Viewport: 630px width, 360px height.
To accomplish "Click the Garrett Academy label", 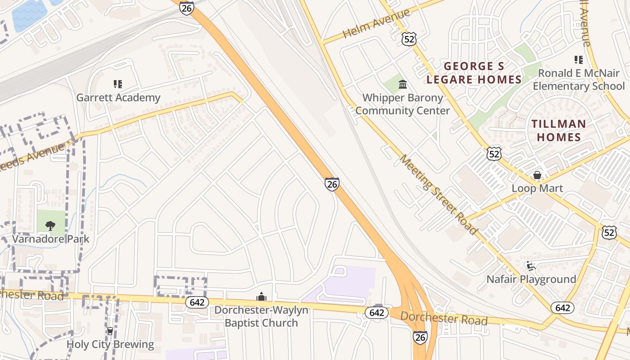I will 118,98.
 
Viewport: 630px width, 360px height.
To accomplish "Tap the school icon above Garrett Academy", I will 118,84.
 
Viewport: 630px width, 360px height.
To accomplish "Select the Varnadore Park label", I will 51,239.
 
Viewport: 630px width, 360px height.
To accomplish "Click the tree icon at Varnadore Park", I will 50,225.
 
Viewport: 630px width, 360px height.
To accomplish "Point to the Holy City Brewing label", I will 110,345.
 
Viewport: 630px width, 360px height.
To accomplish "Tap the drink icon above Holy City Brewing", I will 110,331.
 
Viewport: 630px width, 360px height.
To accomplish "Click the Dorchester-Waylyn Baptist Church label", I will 261,316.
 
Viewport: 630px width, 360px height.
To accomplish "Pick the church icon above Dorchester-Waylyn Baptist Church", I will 261,297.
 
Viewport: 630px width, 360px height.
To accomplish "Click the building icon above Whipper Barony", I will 403,84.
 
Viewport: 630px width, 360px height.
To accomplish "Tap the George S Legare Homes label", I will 474,73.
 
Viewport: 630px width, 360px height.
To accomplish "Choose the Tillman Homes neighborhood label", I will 559,130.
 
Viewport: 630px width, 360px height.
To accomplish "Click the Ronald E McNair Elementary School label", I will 579,79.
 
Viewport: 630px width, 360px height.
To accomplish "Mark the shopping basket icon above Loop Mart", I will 537,175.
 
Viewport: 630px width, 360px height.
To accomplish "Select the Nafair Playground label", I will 531,279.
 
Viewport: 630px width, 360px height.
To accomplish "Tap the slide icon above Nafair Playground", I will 531,266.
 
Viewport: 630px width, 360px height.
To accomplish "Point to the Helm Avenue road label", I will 376,23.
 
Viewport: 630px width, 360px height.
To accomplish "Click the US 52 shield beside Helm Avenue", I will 409,39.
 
